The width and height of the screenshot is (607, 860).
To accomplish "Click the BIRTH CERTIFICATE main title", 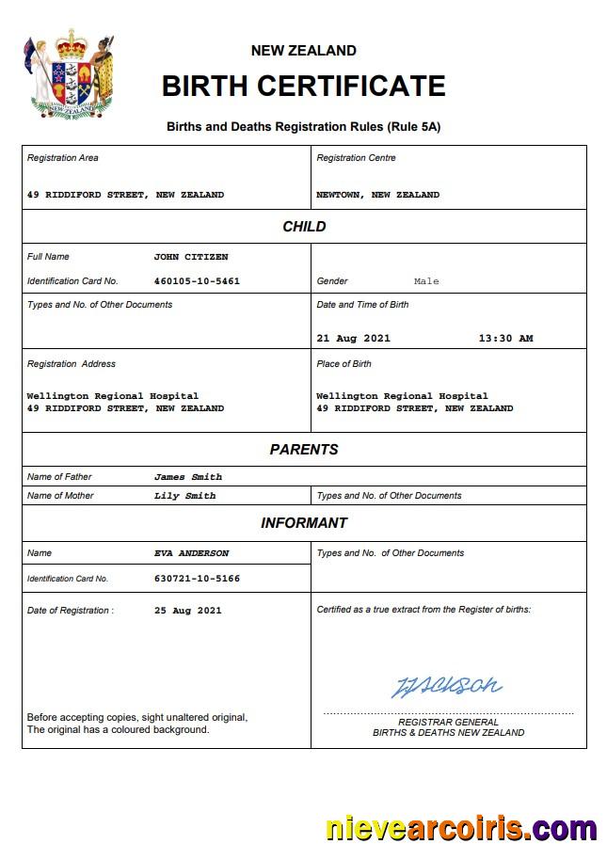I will click(303, 86).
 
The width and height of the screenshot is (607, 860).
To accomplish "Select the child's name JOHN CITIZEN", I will click(191, 257).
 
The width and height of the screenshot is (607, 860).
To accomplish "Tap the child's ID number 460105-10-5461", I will click(197, 281).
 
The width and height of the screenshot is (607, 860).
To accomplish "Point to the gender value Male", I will click(426, 281).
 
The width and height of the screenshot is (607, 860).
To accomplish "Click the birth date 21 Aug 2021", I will click(353, 339).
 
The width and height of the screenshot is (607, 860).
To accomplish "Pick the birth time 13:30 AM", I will click(505, 339).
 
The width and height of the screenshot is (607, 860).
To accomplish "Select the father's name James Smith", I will click(188, 477).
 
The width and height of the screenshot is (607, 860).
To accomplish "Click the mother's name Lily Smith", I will click(185, 496).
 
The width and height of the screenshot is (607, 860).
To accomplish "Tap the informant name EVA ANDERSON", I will click(191, 553).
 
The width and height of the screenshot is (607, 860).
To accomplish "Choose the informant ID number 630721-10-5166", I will click(197, 579).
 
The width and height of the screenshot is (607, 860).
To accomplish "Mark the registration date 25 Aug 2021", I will click(188, 611).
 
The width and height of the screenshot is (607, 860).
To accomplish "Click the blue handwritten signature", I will click(446, 686).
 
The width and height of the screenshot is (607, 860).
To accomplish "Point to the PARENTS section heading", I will click(304, 450).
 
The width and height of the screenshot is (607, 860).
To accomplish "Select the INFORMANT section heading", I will click(304, 523).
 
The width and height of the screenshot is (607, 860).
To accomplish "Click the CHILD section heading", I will click(304, 227).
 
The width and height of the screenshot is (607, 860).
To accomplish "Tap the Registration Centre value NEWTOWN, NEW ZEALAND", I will click(378, 195).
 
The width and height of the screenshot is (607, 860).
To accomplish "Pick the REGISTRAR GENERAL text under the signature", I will click(448, 723).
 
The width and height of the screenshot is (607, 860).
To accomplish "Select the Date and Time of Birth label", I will click(363, 305).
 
